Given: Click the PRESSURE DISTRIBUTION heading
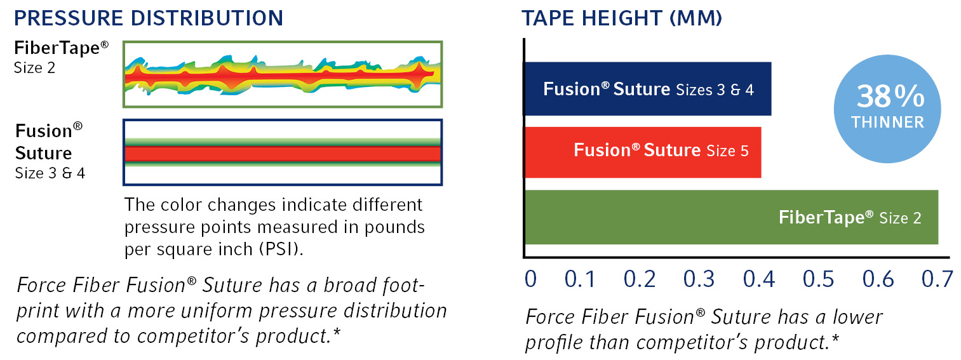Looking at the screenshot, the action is [149, 18].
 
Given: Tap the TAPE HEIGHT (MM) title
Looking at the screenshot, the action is [622, 18].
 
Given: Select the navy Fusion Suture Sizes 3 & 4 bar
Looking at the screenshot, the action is [647, 89].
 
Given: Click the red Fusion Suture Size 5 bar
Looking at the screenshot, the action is [642, 152].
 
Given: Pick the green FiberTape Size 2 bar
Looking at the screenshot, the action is [731, 217].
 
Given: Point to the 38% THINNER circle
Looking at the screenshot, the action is [887, 109].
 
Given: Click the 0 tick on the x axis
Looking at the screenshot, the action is [531, 279].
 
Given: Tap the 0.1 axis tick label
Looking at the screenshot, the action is [580, 279].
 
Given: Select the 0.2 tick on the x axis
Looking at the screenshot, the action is [639, 279].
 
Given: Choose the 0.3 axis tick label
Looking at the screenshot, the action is [699, 279].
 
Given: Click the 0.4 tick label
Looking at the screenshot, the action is [759, 279].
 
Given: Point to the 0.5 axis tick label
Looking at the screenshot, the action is [818, 279].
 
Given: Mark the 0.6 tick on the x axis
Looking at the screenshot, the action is [878, 279].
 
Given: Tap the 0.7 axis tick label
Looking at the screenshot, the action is [937, 279].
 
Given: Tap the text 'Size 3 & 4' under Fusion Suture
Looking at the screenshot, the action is [50, 173].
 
